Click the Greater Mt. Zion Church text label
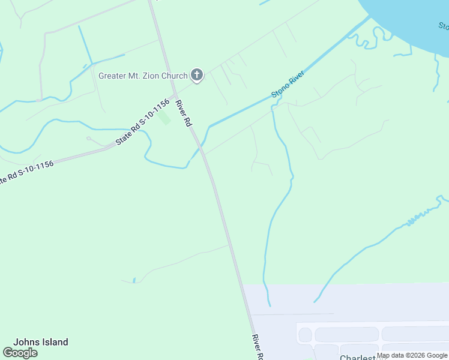[x=143, y=76]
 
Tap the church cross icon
[x=196, y=75]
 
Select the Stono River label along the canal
[x=288, y=84]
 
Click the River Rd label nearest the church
[x=184, y=113]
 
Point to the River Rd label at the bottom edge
[x=258, y=347]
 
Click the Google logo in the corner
[x=20, y=353]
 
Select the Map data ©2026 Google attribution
[x=412, y=355]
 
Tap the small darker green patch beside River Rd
[x=164, y=118]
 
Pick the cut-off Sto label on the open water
[x=443, y=26]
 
